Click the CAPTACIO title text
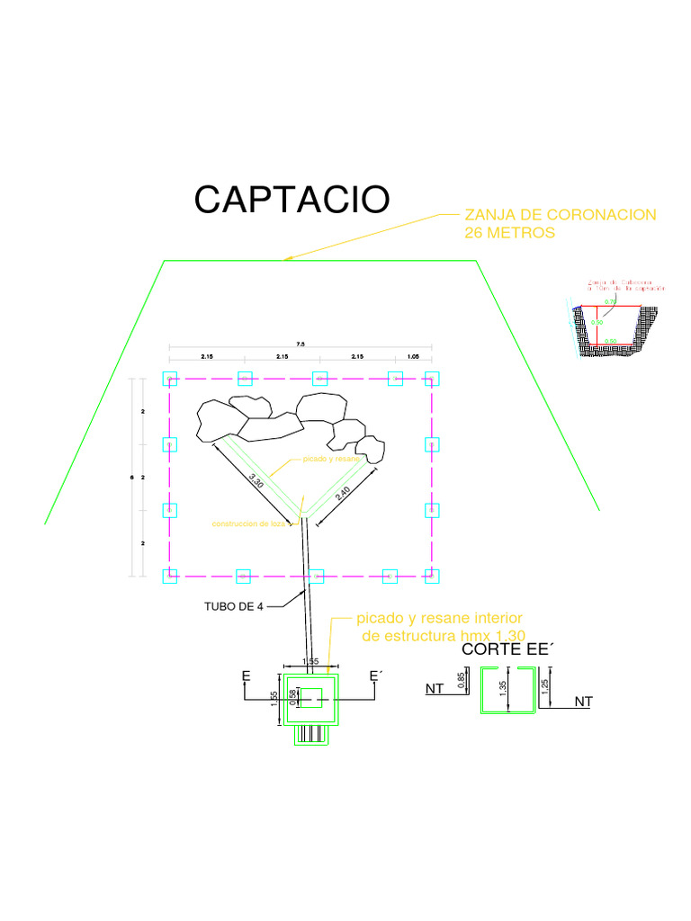coord(292,199)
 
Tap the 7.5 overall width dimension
coord(301,343)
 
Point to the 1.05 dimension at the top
coord(413,357)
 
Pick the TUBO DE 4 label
coord(236,605)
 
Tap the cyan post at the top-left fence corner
coord(168,378)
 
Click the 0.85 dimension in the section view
coord(462,683)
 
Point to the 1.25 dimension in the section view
coord(545,687)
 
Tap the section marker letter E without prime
coord(246,675)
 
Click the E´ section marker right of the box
coord(376,675)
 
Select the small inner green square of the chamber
coord(311,697)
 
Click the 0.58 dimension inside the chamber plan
coord(292,697)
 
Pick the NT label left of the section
coord(435,690)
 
